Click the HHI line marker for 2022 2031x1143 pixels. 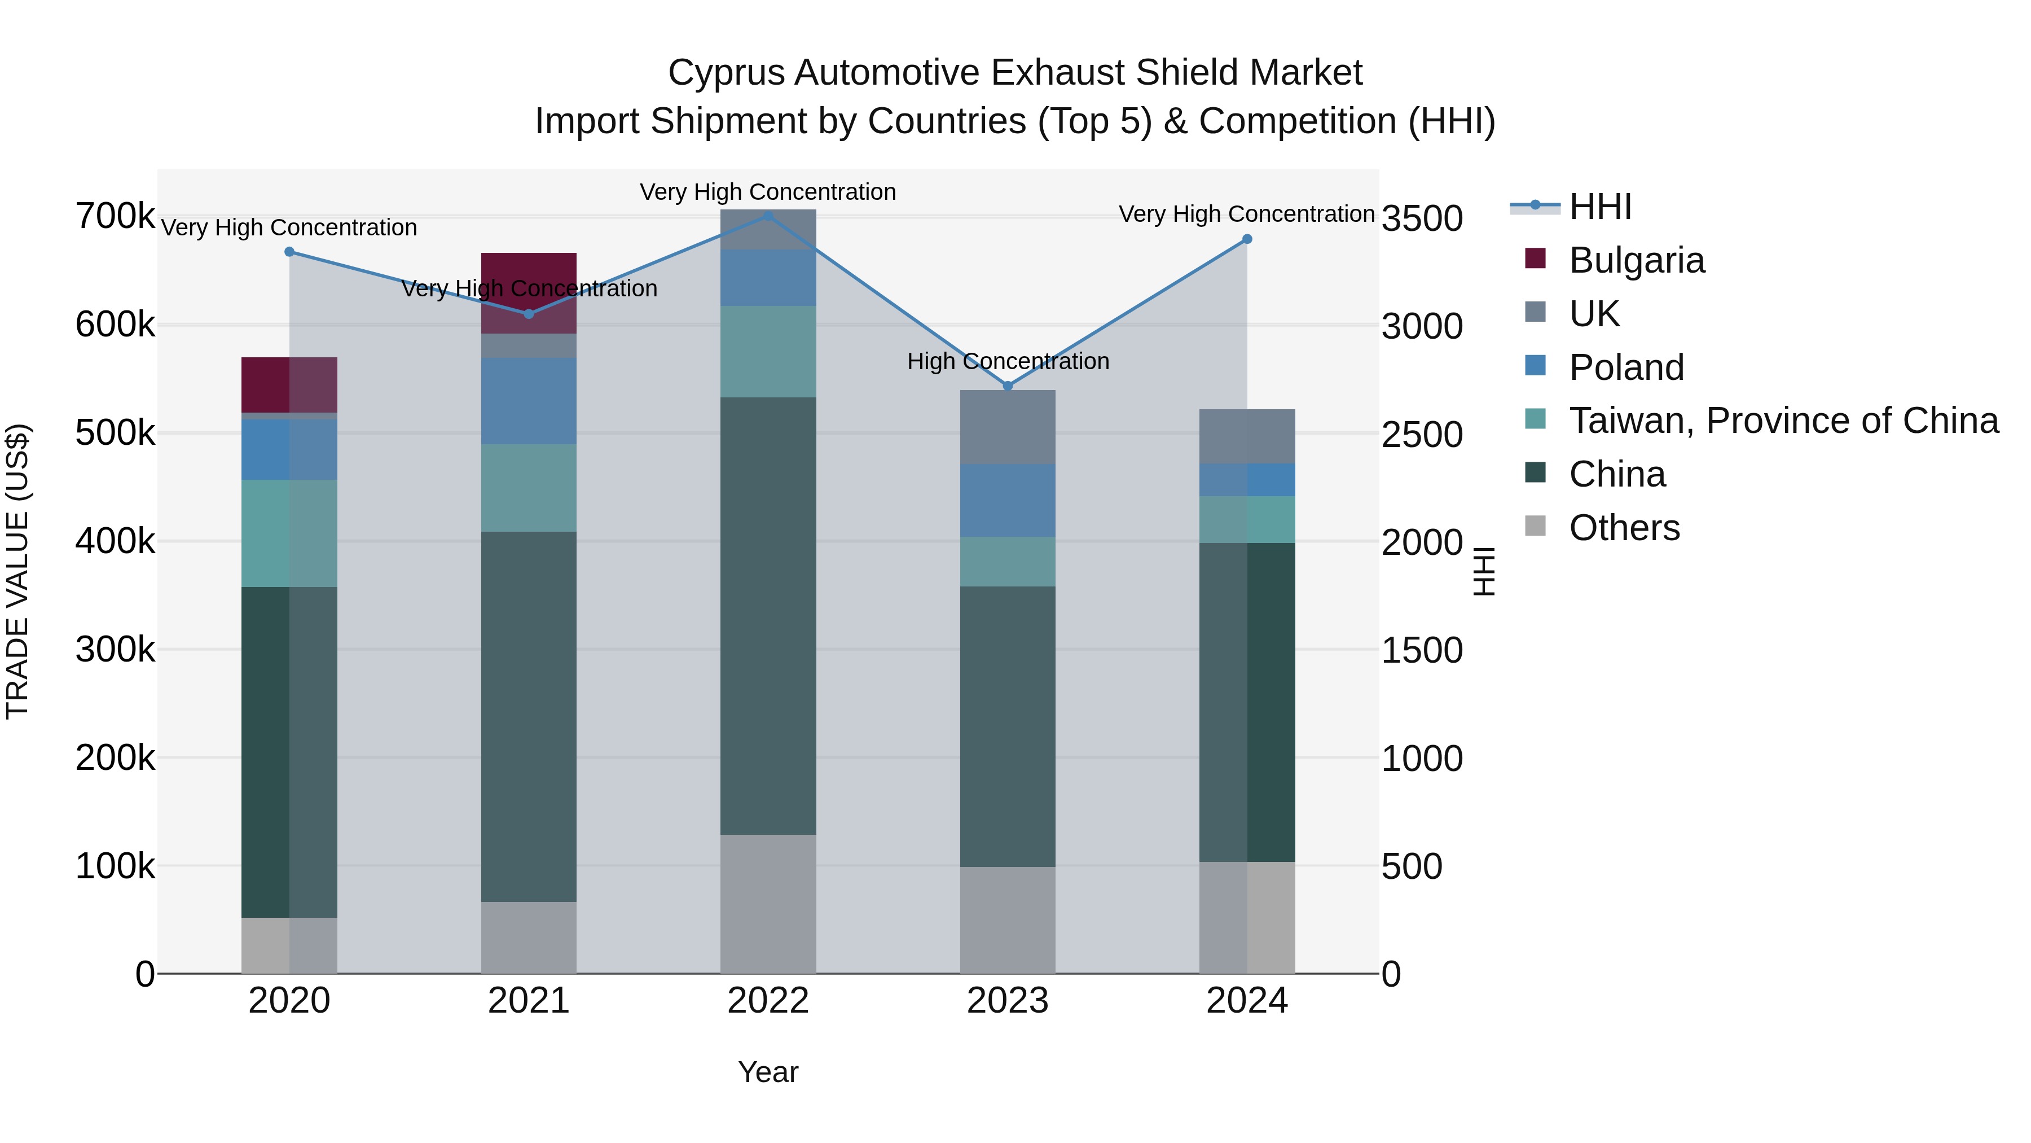tap(769, 216)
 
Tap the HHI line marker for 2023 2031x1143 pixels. tap(1008, 386)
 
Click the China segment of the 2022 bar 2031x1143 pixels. tap(769, 615)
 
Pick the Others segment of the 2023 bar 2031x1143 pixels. tap(1008, 920)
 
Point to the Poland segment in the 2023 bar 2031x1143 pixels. tap(1008, 500)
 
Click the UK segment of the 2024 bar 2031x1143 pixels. tap(1247, 436)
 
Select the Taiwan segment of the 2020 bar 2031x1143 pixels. tap(289, 533)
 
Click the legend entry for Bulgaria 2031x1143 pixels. tap(1636, 260)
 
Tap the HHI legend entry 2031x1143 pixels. tap(1600, 207)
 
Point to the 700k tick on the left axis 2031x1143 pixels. tap(115, 216)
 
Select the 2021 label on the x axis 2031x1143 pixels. tap(528, 1001)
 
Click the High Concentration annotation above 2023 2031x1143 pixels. tap(1008, 361)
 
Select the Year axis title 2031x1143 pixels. tap(768, 1072)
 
